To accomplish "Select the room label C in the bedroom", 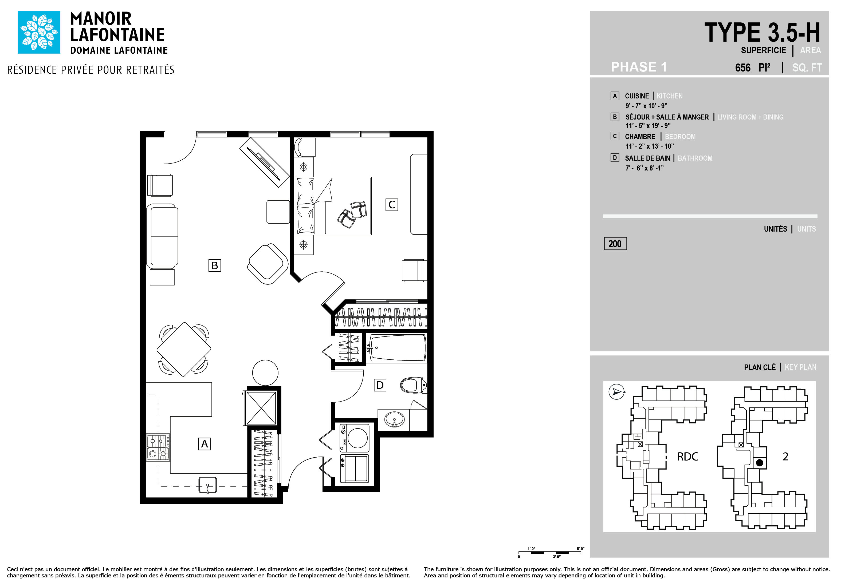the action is tap(392, 205).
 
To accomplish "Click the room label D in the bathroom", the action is tap(380, 385).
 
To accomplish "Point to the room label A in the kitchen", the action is tap(205, 444).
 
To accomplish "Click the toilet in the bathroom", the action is tap(414, 385).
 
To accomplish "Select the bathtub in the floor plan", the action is tap(397, 348).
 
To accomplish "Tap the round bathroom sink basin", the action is tap(394, 419).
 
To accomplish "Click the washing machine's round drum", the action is tap(357, 438).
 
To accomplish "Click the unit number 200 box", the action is tap(615, 244).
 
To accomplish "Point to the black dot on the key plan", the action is tap(760, 463).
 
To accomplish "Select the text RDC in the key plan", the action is tap(687, 457).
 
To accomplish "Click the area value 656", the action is tap(743, 68).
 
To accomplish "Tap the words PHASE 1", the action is tap(639, 67).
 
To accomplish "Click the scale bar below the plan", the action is tap(550, 553).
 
